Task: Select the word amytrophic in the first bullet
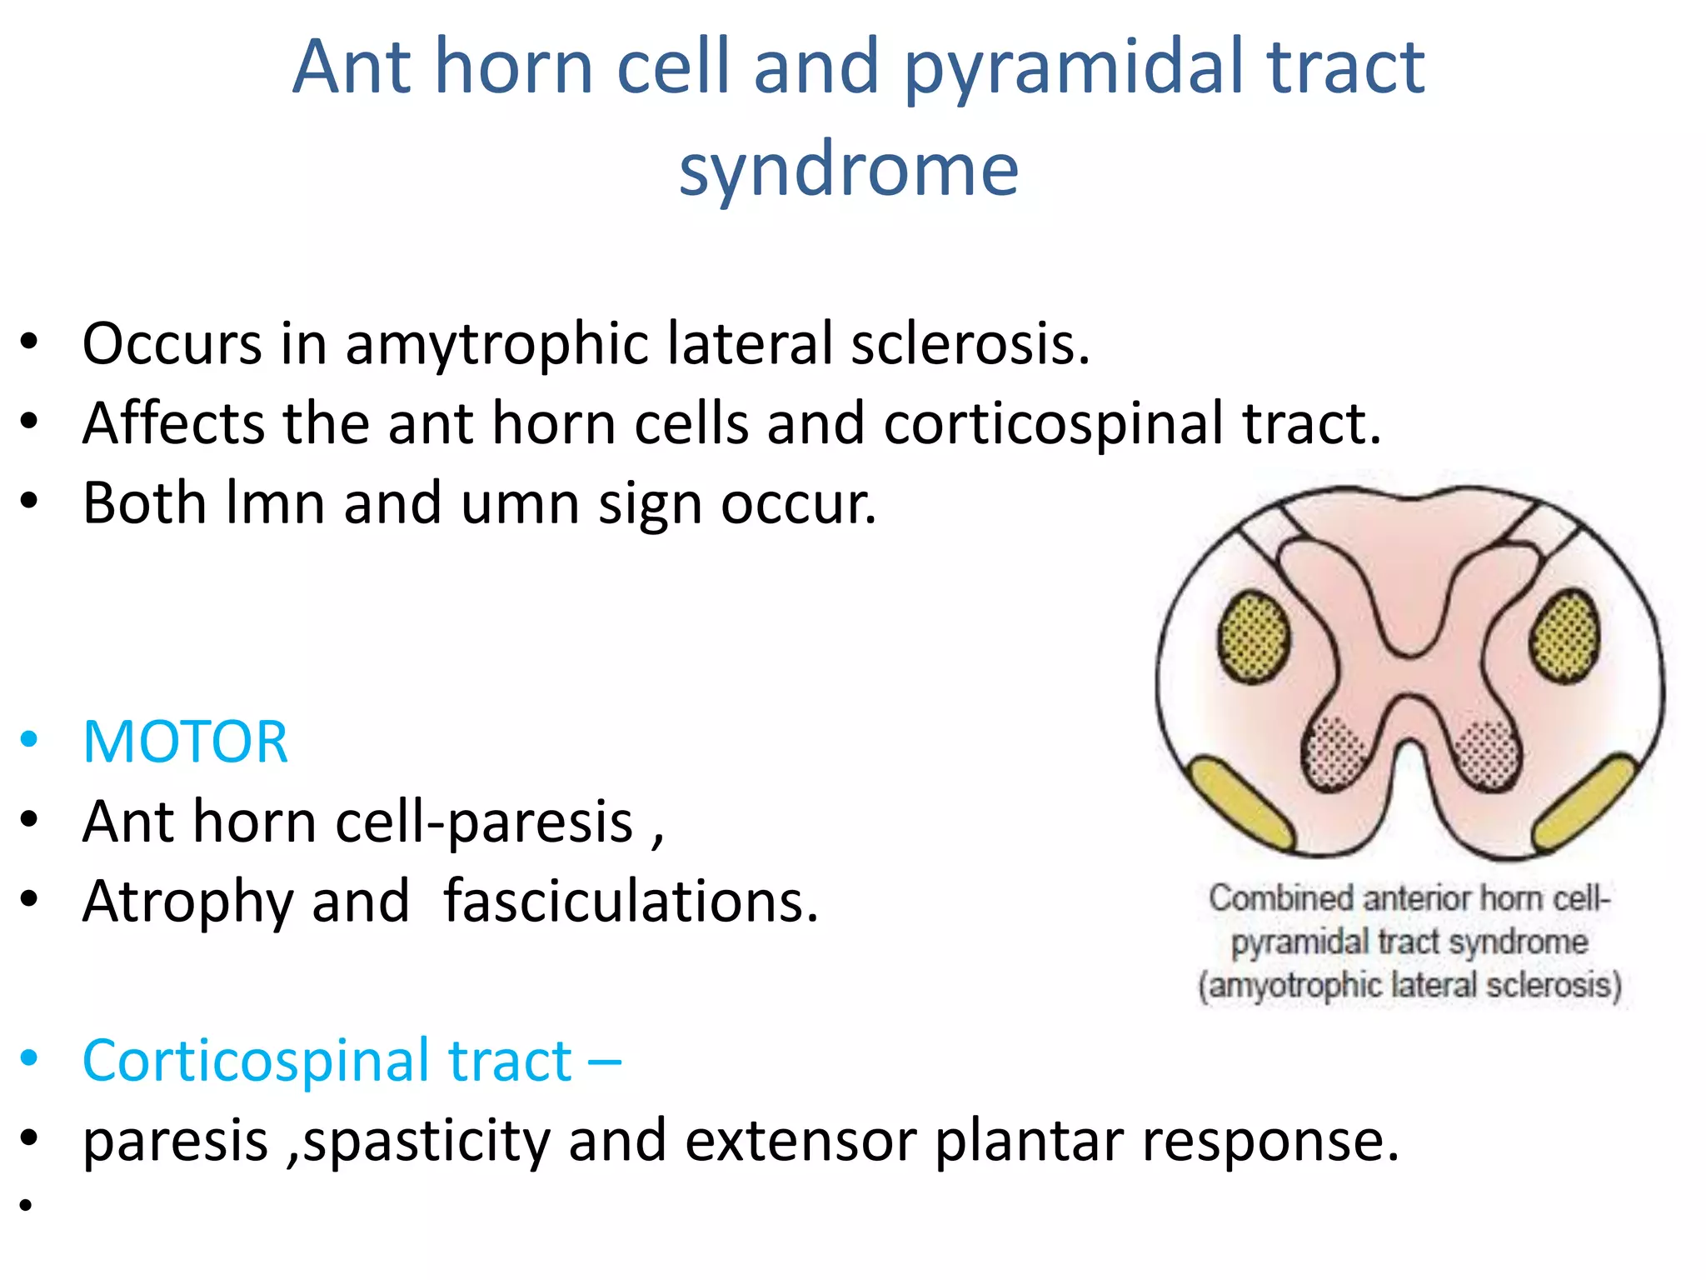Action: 496,344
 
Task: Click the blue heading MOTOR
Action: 186,742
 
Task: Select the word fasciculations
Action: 631,902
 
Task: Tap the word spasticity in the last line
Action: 426,1142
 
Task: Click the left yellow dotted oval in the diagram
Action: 1254,637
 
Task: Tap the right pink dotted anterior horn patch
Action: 1487,754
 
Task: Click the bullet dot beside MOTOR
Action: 29,740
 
